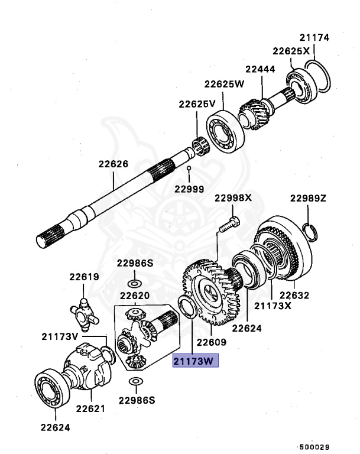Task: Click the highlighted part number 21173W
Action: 195,361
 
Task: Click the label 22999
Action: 189,189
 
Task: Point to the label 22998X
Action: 233,198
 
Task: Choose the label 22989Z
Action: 308,198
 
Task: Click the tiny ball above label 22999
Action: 189,170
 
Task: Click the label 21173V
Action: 60,336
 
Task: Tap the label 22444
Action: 261,69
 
